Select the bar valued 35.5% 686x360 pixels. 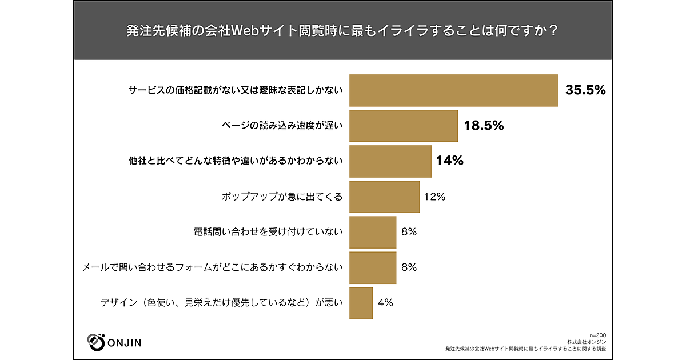click(x=453, y=90)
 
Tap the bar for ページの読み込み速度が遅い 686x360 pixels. click(x=403, y=126)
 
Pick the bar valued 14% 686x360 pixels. click(x=390, y=161)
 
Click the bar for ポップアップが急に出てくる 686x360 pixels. click(x=384, y=197)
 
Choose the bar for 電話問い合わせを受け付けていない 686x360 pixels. click(x=372, y=232)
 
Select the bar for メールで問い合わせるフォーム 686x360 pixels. click(x=372, y=267)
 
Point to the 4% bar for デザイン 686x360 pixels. click(x=360, y=303)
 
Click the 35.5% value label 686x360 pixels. click(x=585, y=90)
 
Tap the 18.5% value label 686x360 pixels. click(x=484, y=126)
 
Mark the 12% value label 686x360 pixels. click(x=434, y=197)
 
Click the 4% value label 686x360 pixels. click(x=385, y=303)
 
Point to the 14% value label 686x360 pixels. click(x=449, y=161)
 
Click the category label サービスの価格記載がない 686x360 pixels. click(x=235, y=90)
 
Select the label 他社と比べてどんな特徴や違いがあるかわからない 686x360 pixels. click(x=235, y=161)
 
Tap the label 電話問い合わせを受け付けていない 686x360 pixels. click(x=268, y=232)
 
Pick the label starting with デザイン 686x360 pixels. click(x=221, y=303)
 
